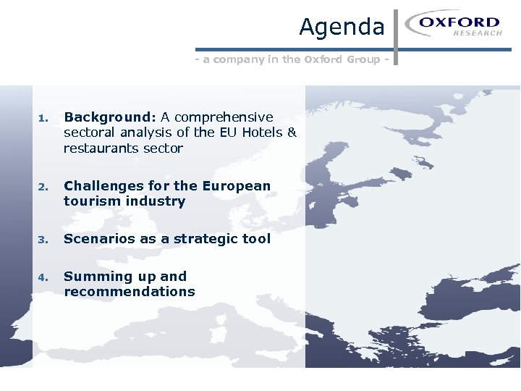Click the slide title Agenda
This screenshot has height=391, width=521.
click(342, 27)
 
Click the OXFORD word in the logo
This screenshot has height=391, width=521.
click(459, 22)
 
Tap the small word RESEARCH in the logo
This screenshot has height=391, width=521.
click(478, 33)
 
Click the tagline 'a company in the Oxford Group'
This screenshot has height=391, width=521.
click(297, 59)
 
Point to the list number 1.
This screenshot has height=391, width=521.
click(43, 118)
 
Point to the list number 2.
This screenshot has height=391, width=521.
click(43, 187)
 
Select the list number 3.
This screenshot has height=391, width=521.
click(43, 240)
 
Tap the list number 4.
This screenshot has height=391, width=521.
click(43, 277)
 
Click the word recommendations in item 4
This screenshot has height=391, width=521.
click(130, 292)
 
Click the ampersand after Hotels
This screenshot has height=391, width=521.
click(292, 133)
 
